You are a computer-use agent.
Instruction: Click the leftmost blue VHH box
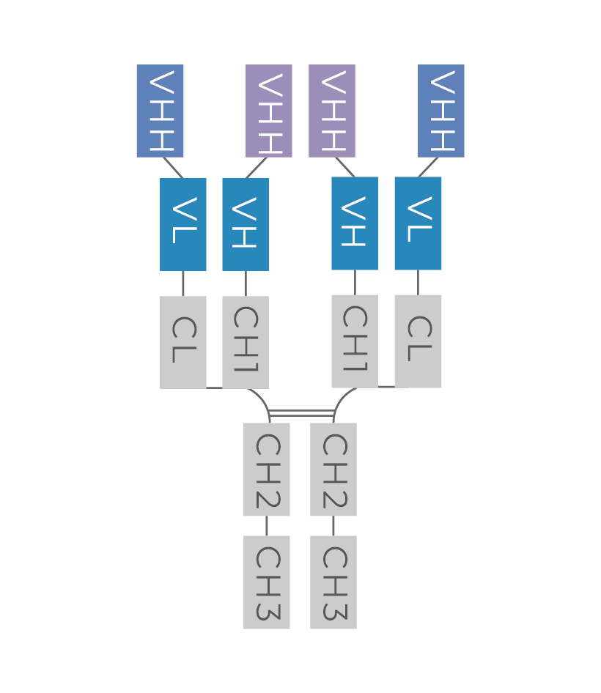point(160,111)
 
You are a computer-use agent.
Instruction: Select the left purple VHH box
point(269,111)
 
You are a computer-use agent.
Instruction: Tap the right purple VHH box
point(332,111)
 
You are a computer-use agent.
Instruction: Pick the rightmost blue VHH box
point(441,111)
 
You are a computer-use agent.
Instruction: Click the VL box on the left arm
point(183,224)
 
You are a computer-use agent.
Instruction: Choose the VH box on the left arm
point(246,224)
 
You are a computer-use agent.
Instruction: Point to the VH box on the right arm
point(355,223)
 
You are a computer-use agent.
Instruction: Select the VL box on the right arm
point(418,223)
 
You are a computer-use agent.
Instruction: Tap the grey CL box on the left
point(183,342)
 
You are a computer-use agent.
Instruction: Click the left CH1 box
point(246,342)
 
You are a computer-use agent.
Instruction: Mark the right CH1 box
point(355,341)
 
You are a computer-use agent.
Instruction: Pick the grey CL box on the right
point(418,341)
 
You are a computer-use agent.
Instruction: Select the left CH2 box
point(267,470)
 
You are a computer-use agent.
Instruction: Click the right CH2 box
point(333,470)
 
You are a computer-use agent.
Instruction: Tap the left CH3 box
point(267,582)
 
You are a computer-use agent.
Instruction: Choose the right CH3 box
point(333,582)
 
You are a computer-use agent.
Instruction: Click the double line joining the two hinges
point(301,413)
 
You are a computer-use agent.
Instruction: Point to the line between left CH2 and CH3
point(267,526)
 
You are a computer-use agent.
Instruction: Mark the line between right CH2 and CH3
point(333,526)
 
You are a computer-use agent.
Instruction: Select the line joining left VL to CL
point(183,283)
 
